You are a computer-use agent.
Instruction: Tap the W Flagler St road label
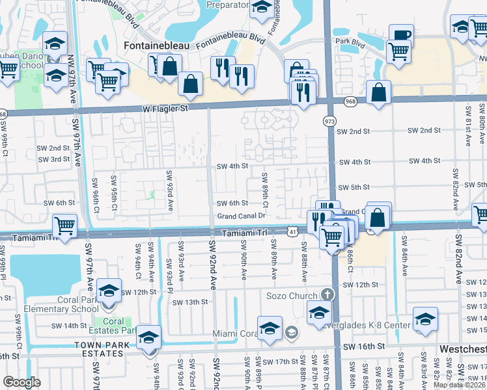(166, 109)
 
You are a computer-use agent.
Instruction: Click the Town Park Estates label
(98, 349)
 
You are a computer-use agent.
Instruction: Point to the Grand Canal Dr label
(242, 216)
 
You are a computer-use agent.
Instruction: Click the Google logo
(21, 382)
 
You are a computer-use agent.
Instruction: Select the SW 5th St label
(355, 187)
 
